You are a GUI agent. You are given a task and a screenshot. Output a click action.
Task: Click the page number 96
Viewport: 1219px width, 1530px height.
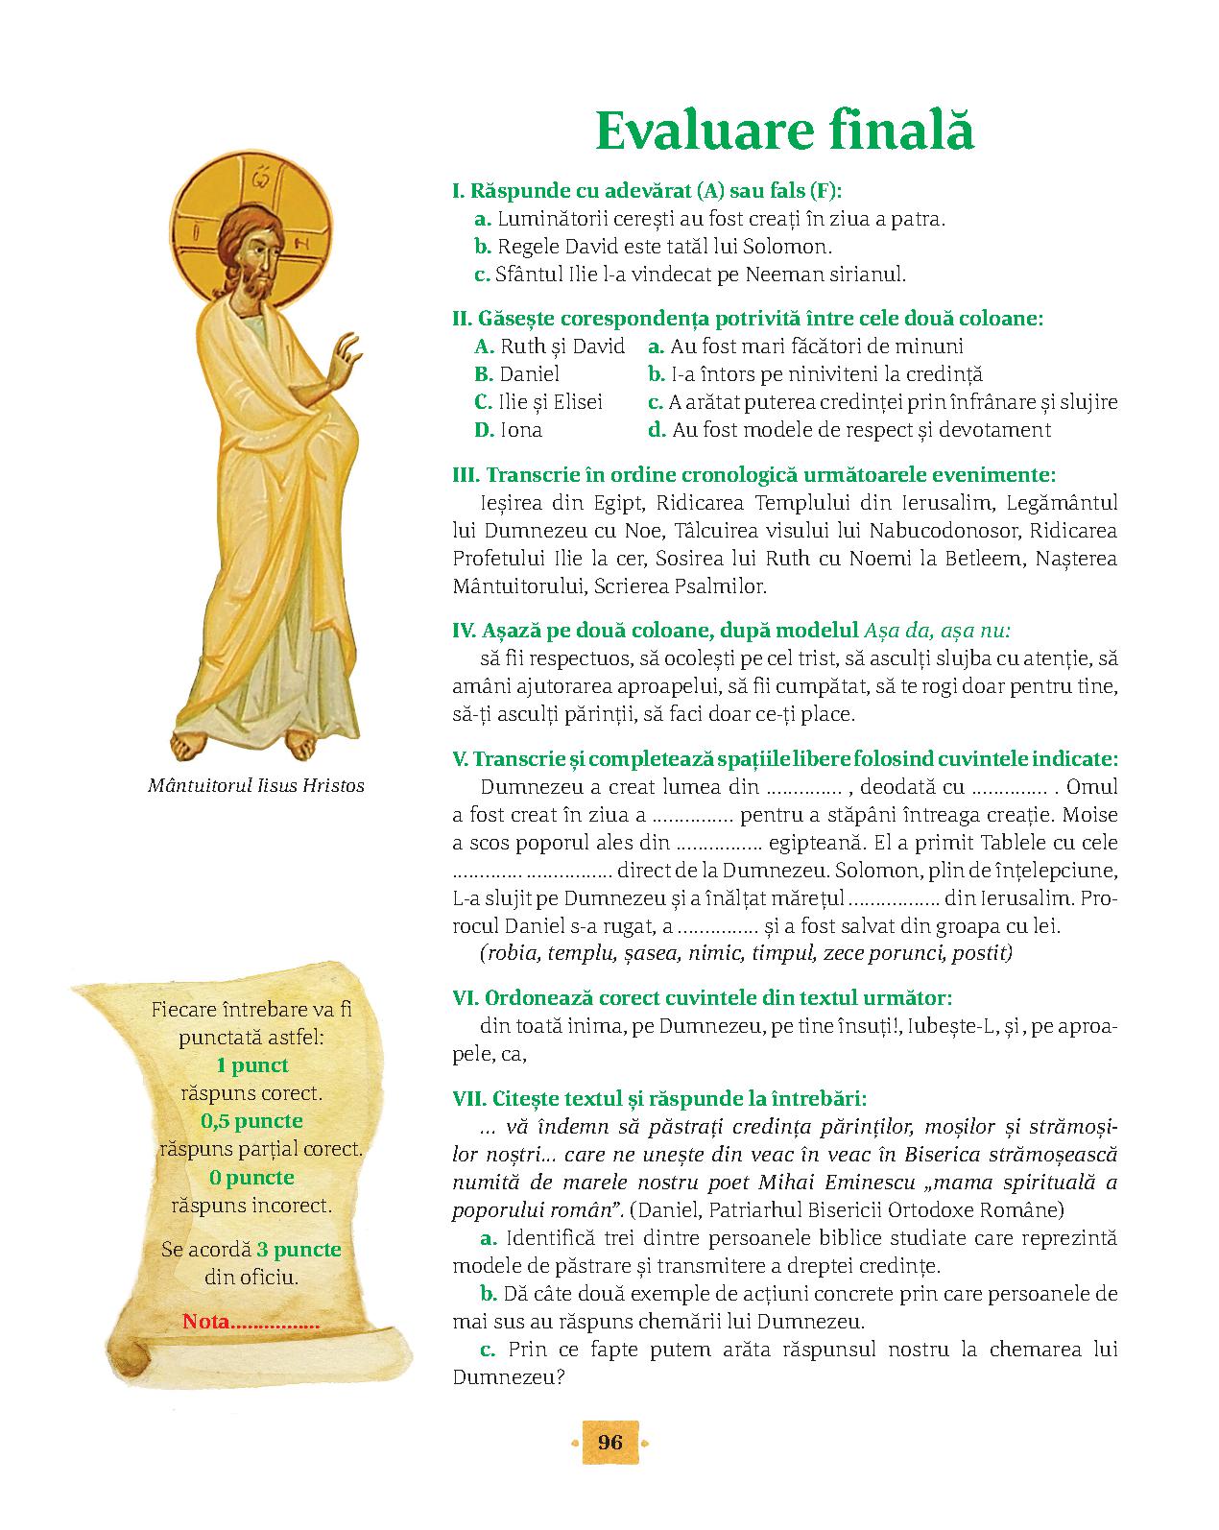pyautogui.click(x=610, y=1443)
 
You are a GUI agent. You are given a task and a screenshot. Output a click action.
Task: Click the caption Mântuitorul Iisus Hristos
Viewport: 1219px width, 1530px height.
pyautogui.click(x=256, y=785)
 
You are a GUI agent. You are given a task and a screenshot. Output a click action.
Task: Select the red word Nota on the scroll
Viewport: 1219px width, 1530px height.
pyautogui.click(x=206, y=1322)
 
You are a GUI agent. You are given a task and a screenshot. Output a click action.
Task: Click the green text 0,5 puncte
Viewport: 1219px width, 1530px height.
pyautogui.click(x=251, y=1121)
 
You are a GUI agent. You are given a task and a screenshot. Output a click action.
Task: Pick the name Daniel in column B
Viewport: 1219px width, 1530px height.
pyautogui.click(x=529, y=374)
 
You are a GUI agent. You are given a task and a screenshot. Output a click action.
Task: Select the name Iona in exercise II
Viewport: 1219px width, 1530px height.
pyautogui.click(x=520, y=430)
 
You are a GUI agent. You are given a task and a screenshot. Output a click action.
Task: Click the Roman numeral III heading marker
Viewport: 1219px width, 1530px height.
pyautogui.click(x=465, y=475)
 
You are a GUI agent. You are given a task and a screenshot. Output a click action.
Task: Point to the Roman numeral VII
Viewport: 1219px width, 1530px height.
pyautogui.click(x=468, y=1098)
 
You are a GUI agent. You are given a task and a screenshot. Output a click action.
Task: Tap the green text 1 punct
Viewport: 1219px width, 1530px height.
pyautogui.click(x=251, y=1065)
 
